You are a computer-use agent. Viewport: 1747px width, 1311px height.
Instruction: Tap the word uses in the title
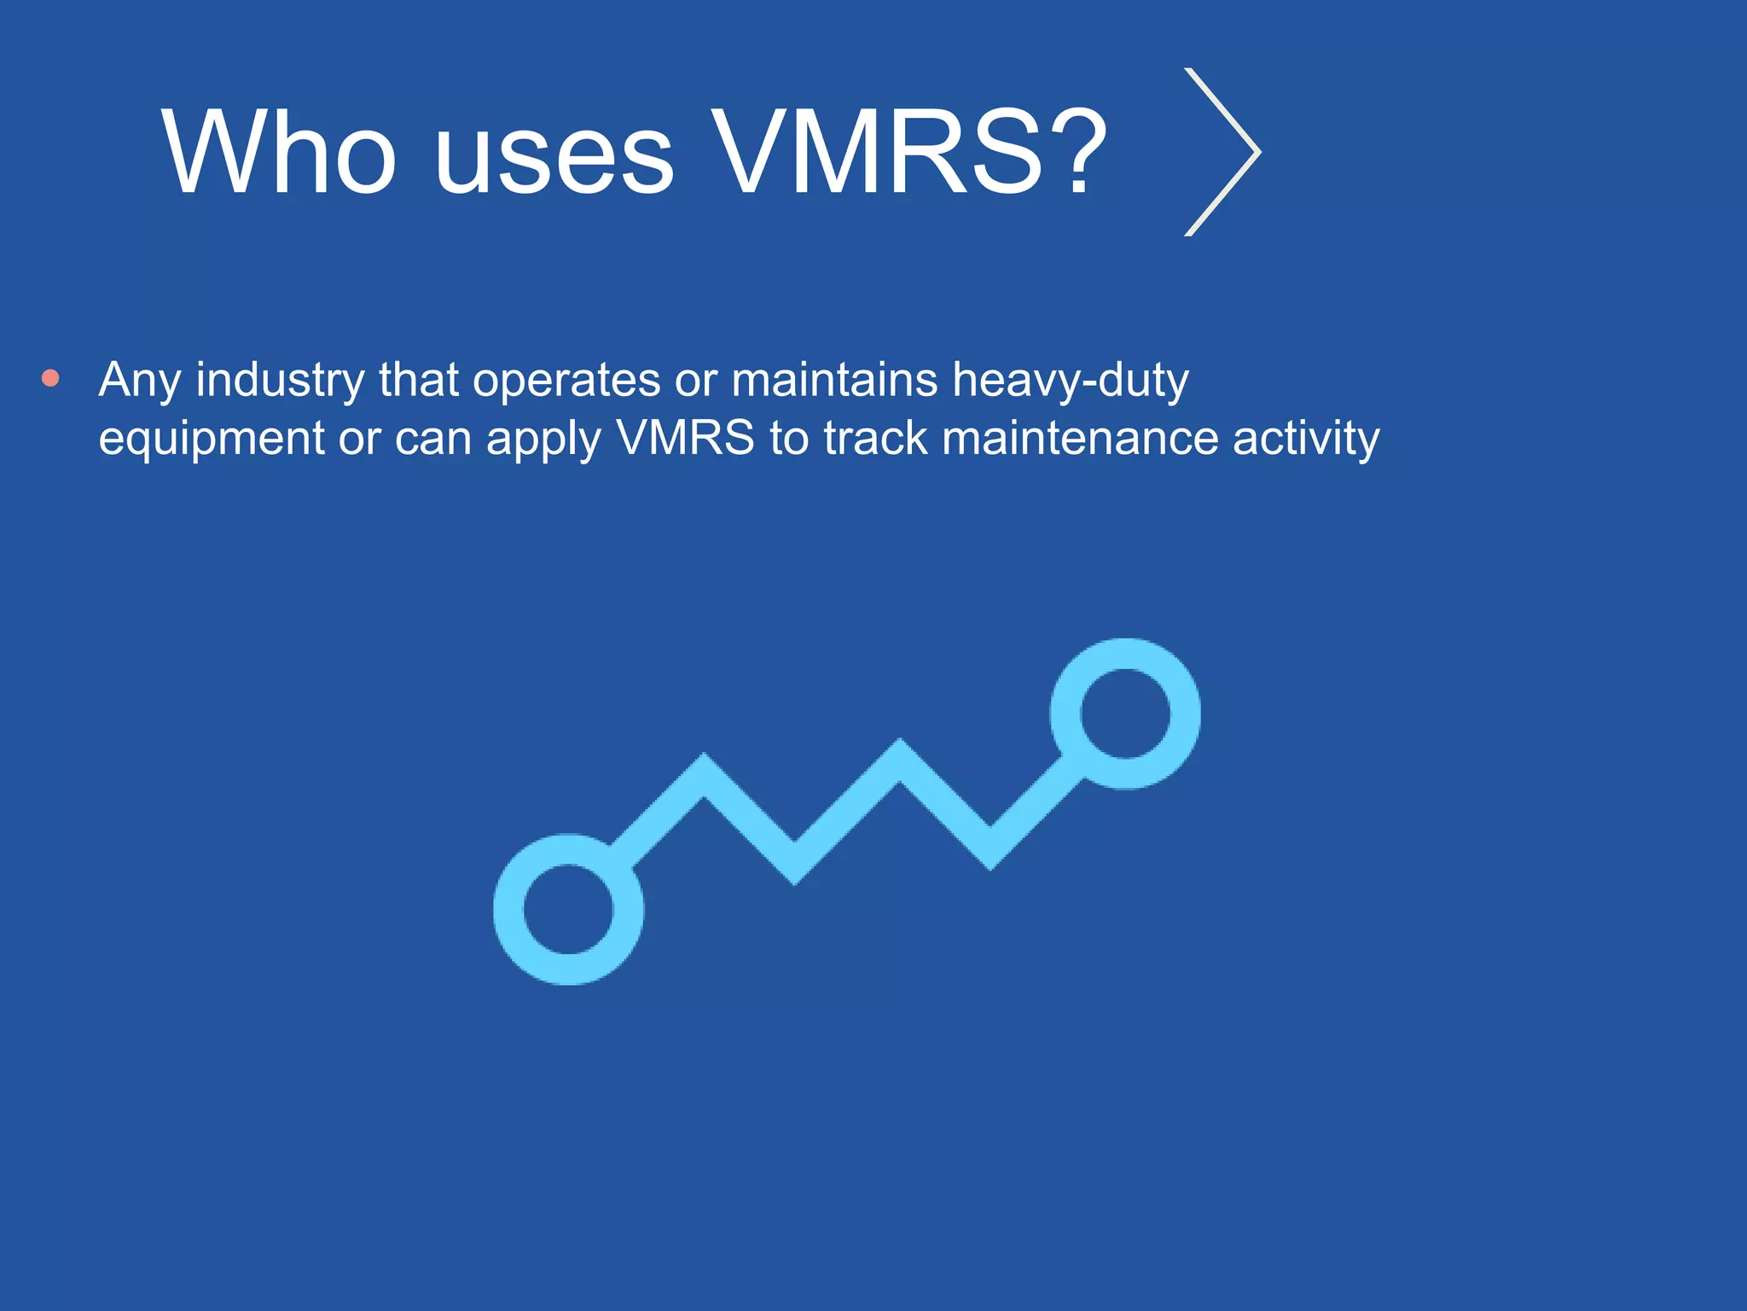(554, 153)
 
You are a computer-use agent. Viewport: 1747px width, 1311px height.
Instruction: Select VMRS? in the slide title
(908, 153)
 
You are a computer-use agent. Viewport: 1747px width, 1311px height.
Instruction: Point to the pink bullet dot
(51, 378)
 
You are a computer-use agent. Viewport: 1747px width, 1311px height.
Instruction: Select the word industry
(280, 381)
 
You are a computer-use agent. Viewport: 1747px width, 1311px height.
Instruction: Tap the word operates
(566, 381)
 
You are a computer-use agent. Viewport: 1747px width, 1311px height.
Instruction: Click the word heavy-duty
(1071, 381)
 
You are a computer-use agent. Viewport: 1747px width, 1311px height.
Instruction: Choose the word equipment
(212, 440)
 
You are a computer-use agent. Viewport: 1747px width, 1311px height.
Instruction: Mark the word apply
(543, 440)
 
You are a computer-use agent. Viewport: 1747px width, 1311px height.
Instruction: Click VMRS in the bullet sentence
(685, 438)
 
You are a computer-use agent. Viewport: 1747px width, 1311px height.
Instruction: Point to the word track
(876, 438)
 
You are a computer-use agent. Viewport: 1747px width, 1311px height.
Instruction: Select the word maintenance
(1080, 438)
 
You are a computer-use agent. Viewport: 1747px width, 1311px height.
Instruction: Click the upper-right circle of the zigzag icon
(1125, 714)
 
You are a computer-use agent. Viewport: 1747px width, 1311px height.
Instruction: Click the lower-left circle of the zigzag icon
(569, 909)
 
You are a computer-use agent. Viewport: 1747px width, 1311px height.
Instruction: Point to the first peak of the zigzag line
(704, 768)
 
